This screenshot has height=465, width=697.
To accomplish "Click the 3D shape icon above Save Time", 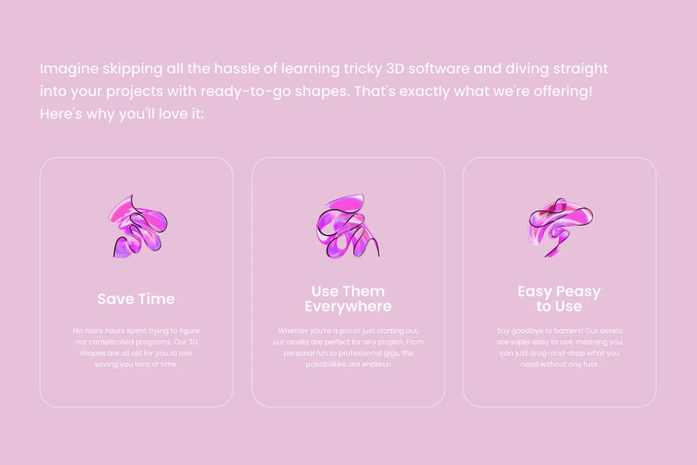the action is click(x=138, y=226).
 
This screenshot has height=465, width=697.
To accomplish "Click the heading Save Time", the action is click(x=136, y=299).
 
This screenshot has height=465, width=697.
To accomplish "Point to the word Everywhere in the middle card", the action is click(x=348, y=306).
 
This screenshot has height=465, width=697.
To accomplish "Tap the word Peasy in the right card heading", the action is click(x=578, y=291).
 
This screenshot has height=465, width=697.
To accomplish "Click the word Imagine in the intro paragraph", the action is click(x=69, y=69).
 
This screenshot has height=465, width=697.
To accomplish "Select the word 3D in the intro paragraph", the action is click(x=395, y=68).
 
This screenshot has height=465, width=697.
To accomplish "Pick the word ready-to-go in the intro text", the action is click(x=246, y=91).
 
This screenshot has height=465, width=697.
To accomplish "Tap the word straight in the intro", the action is click(x=580, y=69).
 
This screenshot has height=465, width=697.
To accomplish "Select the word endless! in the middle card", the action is click(x=377, y=364).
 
